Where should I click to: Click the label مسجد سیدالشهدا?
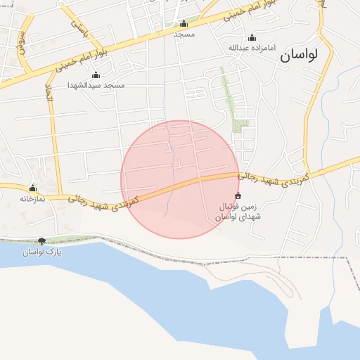click(96, 85)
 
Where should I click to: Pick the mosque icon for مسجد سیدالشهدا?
click(96, 75)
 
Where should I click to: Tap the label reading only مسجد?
click(184, 34)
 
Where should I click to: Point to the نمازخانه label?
click(32, 198)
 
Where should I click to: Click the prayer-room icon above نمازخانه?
click(32, 188)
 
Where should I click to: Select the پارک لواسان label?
click(42, 251)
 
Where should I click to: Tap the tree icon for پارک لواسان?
click(42, 241)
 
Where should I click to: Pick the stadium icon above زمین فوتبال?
click(238, 195)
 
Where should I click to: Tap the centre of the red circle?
click(180, 179)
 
